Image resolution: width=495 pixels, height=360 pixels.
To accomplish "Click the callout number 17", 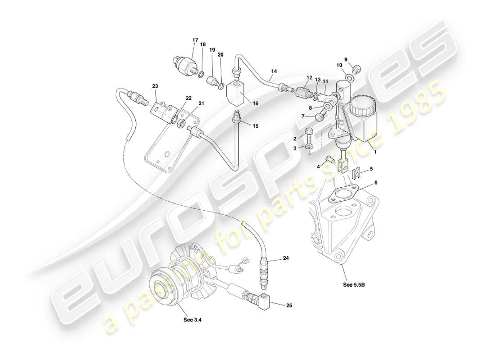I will (x=195, y=40).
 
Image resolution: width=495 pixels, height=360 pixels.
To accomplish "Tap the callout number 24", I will (x=286, y=258).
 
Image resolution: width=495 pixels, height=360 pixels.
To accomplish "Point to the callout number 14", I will (x=274, y=71).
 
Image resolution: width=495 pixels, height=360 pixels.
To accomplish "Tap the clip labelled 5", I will (x=357, y=173).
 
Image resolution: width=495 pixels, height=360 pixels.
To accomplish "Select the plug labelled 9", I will (x=356, y=69).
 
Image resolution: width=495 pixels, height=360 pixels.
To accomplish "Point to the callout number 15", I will (x=256, y=126).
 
